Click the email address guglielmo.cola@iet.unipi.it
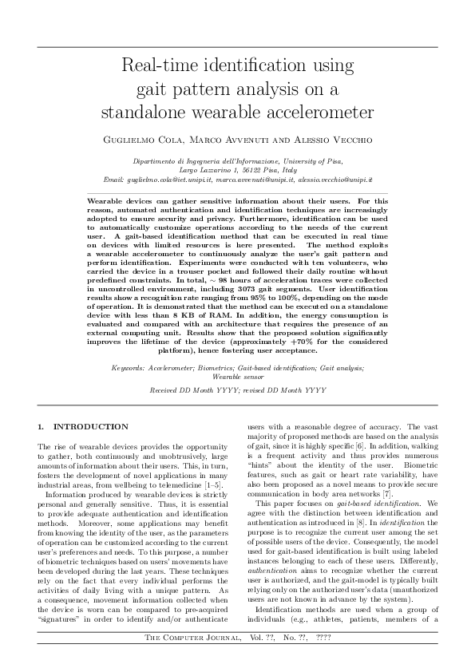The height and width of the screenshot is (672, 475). pos(175,180)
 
